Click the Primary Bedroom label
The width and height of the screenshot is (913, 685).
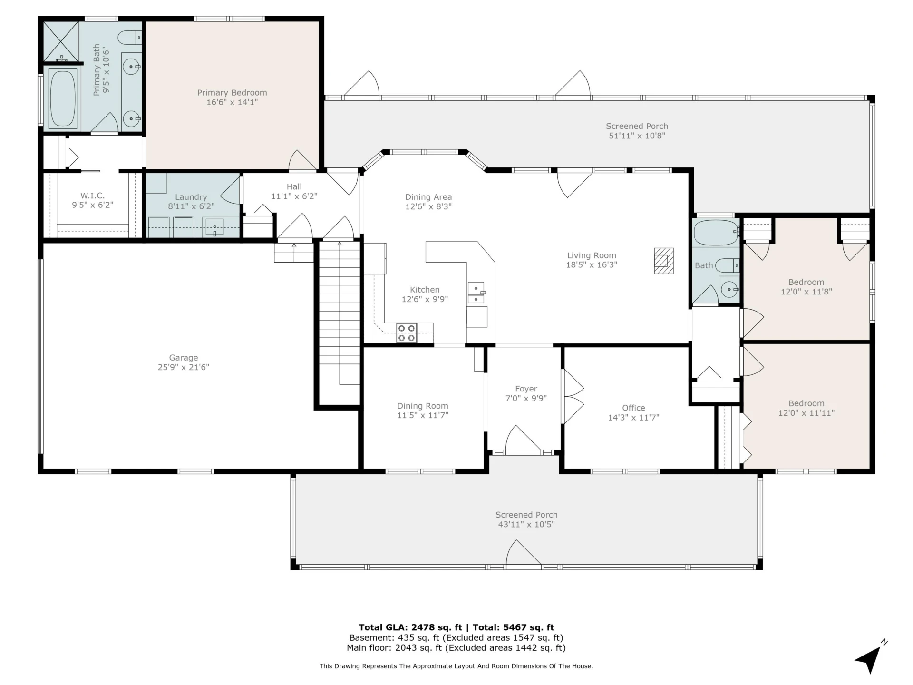(232, 93)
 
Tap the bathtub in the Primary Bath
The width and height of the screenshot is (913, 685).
(63, 98)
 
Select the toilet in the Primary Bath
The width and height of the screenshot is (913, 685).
(130, 37)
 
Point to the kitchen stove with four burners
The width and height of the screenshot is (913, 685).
(407, 333)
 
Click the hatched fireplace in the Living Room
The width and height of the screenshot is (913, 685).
(664, 261)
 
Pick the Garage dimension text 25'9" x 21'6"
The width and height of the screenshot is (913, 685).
(184, 367)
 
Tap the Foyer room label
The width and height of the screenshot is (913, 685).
(526, 389)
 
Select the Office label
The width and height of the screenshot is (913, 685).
(633, 408)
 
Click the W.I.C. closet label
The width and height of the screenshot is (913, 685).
(92, 196)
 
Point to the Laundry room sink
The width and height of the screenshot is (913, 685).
(214, 226)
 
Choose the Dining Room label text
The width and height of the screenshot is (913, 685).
(423, 406)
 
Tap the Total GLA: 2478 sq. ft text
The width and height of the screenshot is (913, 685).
(410, 627)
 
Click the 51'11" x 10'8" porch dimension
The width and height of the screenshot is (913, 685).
(637, 136)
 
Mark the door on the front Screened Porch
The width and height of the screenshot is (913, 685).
(524, 554)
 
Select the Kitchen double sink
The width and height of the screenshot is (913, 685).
(476, 293)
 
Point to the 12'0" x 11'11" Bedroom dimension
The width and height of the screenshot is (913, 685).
(806, 413)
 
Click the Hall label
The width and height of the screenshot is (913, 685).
(294, 186)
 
